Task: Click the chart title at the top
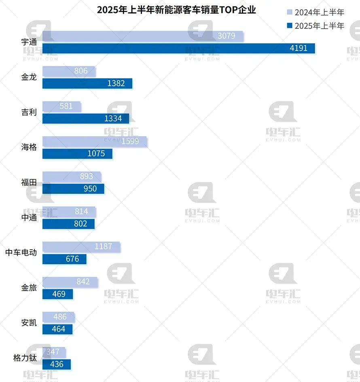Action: pyautogui.click(x=176, y=10)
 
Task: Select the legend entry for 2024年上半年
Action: pyautogui.click(x=316, y=12)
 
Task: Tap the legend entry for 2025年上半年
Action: pyautogui.click(x=316, y=26)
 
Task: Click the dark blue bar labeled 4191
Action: pyautogui.click(x=178, y=48)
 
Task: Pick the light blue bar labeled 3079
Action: pyautogui.click(x=143, y=36)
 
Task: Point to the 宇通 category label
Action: pyautogui.click(x=29, y=42)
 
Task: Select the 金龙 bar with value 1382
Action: pyautogui.click(x=87, y=84)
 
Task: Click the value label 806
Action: pyautogui.click(x=81, y=71)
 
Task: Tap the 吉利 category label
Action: pyautogui.click(x=29, y=112)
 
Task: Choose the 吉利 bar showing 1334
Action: pyautogui.click(x=86, y=119)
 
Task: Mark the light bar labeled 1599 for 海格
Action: pyautogui.click(x=95, y=142)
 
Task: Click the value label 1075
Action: pyautogui.click(x=96, y=154)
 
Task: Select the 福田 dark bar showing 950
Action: pyautogui.click(x=73, y=189)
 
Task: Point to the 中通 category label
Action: pyautogui.click(x=29, y=217)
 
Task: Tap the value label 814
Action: pyautogui.click(x=81, y=212)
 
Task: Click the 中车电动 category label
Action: pyautogui.click(x=21, y=253)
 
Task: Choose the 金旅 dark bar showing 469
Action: pyautogui.click(x=57, y=294)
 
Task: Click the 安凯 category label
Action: pyautogui.click(x=29, y=323)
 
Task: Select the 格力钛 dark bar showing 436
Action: pyautogui.click(x=57, y=364)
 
